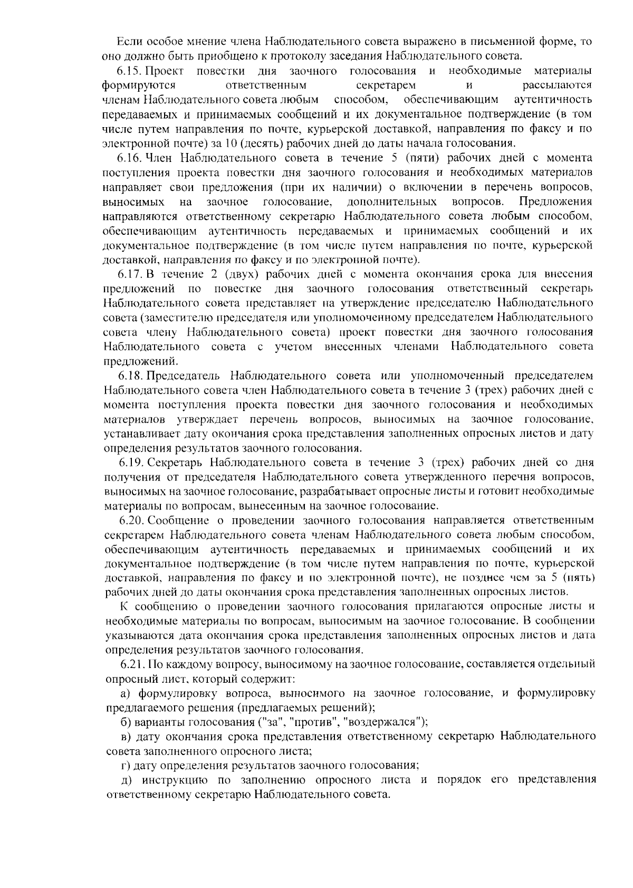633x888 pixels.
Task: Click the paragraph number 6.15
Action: (x=129, y=71)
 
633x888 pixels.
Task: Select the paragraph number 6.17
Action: (x=129, y=274)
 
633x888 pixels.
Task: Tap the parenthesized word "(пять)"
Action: (x=579, y=577)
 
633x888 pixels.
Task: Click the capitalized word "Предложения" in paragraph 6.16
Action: (x=555, y=202)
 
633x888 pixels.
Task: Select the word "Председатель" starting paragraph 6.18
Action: (x=183, y=376)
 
